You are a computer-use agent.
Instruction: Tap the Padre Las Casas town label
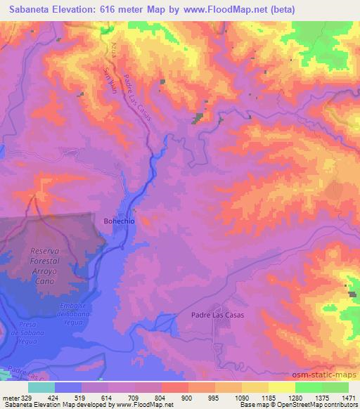coord(217,315)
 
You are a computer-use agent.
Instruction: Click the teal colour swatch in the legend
coord(41,387)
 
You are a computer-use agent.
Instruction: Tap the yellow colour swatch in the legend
coord(282,387)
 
